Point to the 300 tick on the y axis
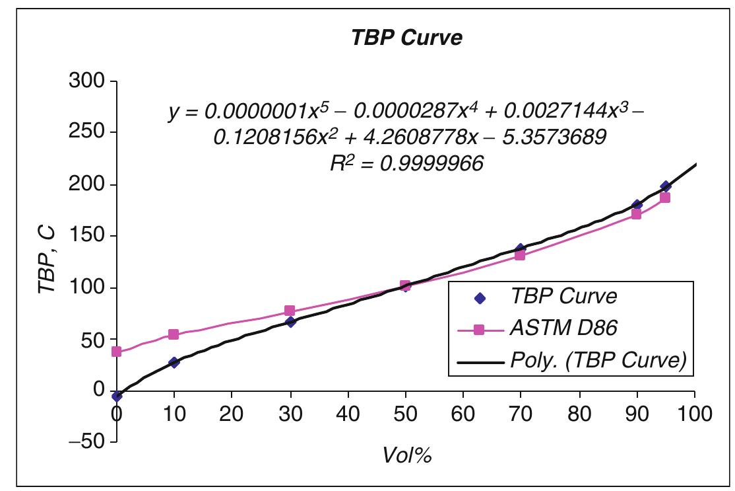coord(87,81)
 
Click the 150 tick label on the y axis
coord(87,236)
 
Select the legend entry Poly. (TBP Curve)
coord(598,360)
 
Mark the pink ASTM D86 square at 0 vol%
coord(117,352)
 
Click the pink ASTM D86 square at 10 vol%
coord(174,334)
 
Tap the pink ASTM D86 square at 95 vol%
coord(665,198)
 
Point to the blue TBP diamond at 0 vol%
coord(117,396)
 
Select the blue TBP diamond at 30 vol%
coord(290,322)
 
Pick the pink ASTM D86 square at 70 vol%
coord(520,255)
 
